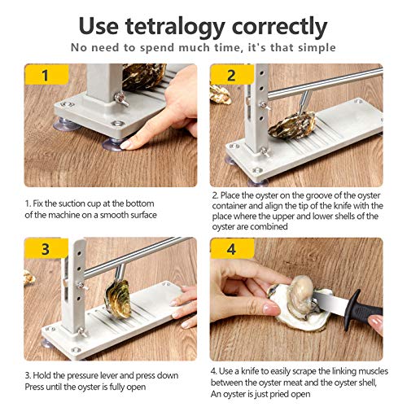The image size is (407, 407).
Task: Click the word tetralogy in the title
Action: [x=175, y=27]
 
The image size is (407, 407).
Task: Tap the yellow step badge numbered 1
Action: [x=46, y=75]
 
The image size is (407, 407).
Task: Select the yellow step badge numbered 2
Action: [x=231, y=75]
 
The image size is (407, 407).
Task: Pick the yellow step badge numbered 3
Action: [x=46, y=248]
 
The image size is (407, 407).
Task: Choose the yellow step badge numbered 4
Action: [x=232, y=248]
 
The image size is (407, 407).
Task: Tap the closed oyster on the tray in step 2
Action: [x=292, y=125]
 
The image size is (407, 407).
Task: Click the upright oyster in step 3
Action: [x=117, y=299]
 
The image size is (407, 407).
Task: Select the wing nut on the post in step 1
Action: [x=121, y=98]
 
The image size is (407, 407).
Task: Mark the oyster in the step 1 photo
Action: [x=144, y=76]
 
